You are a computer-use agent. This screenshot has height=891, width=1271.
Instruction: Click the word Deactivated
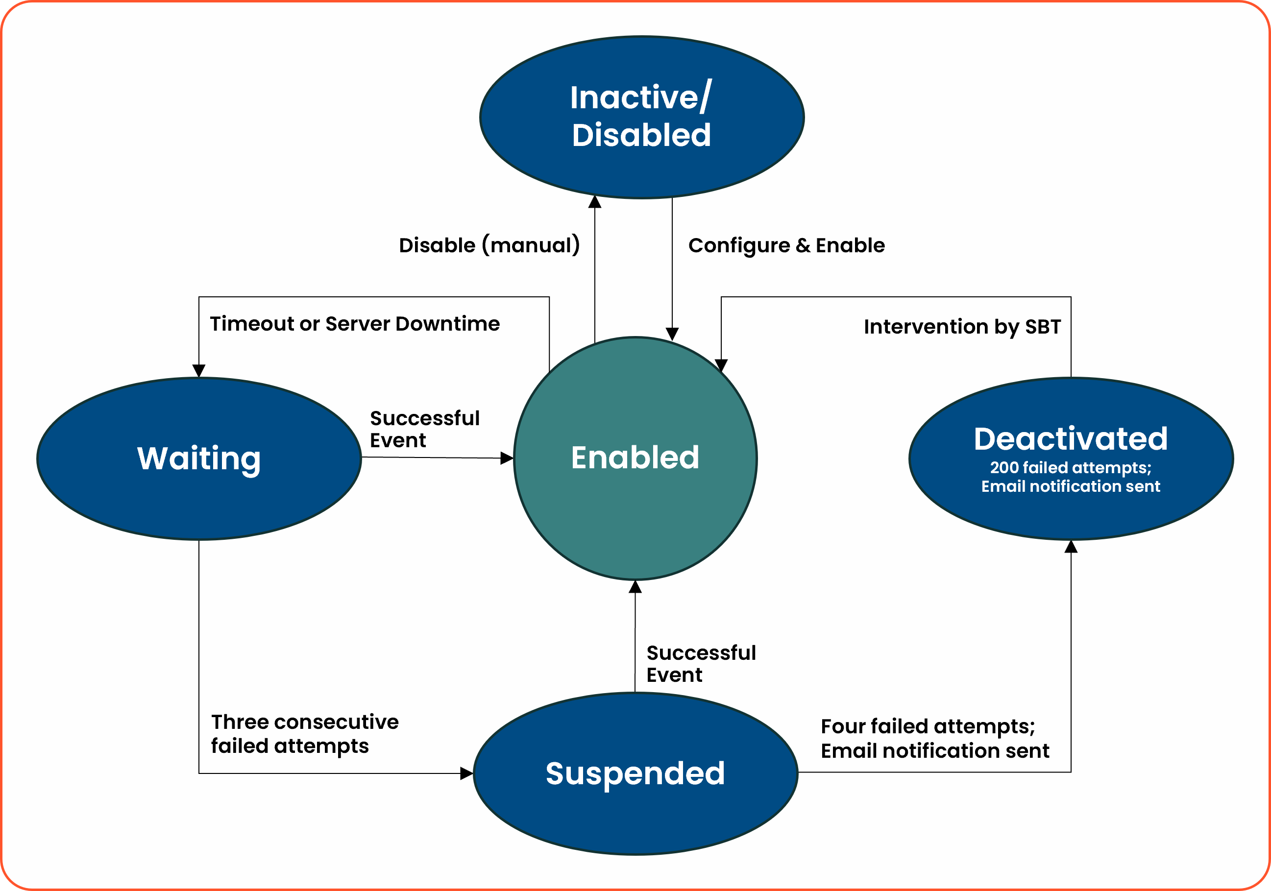[1071, 439]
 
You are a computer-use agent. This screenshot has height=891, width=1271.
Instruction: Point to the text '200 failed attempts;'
[1071, 468]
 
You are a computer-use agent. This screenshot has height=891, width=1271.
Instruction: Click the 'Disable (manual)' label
[489, 245]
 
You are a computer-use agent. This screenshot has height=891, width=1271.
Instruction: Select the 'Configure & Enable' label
[786, 245]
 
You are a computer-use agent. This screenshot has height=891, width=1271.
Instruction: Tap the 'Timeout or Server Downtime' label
[354, 324]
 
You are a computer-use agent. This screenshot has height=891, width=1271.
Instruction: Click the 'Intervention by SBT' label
[962, 327]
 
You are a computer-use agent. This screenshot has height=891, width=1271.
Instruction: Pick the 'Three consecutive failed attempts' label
[304, 734]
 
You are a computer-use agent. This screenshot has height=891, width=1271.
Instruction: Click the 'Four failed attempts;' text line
[928, 726]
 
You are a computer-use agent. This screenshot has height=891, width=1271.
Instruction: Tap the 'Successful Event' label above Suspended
[701, 664]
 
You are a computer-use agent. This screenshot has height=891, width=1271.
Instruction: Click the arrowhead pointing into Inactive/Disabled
[594, 201]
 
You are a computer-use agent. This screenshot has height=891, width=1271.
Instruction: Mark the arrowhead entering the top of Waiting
[199, 371]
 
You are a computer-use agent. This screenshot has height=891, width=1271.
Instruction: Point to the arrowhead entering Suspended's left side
[466, 773]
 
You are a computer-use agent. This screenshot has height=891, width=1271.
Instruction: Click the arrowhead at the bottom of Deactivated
[1071, 547]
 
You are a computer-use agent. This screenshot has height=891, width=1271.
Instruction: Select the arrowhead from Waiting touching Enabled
[506, 458]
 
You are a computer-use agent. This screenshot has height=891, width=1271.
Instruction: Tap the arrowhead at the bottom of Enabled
[635, 587]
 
